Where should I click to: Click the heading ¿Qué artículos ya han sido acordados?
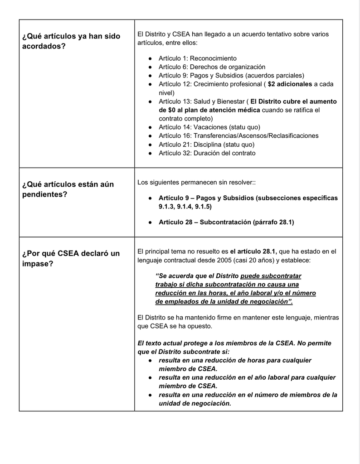click(x=71, y=41)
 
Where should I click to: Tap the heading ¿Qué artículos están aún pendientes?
click(x=68, y=189)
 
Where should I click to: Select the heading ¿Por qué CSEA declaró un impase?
click(x=71, y=258)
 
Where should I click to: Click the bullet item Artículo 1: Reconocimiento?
click(x=197, y=58)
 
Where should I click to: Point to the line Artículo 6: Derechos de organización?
click(x=212, y=67)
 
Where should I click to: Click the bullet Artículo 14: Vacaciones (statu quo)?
click(x=209, y=127)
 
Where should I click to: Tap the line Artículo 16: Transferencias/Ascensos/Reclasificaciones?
click(x=238, y=136)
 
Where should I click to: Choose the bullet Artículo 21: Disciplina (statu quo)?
click(x=206, y=145)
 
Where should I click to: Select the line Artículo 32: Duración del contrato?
click(x=207, y=153)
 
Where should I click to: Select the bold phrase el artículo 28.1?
click(x=254, y=251)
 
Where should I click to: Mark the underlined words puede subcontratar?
click(x=271, y=276)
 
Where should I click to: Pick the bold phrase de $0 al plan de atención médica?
click(x=209, y=110)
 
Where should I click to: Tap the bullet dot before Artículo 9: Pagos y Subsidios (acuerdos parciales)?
click(x=150, y=76)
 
